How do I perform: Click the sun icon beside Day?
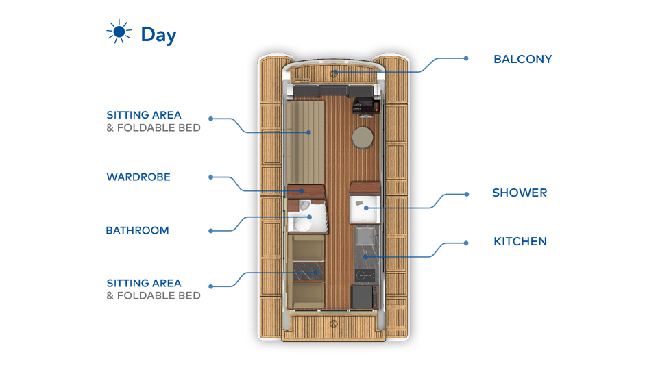119,32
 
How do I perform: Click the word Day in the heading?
158,35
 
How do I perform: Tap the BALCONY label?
522,59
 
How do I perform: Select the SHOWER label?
520,193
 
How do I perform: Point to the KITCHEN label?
520,241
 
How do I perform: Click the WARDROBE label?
138,177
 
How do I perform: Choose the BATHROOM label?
137,230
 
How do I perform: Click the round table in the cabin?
363,138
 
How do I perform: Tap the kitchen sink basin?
365,236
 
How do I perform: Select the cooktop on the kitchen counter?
365,275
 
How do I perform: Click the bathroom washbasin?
304,206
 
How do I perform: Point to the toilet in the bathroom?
302,223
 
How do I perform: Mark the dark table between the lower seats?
308,271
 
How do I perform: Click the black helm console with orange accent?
366,105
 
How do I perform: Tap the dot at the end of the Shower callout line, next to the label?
467,194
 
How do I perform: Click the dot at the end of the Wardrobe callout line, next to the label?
210,177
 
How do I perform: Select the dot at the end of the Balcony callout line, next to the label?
466,58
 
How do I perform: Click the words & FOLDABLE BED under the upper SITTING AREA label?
154,128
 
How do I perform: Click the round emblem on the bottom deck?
334,323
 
